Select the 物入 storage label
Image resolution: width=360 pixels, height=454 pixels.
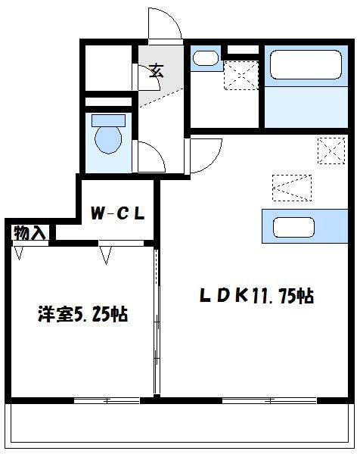tap(29, 233)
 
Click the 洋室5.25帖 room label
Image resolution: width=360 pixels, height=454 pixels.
tap(82, 314)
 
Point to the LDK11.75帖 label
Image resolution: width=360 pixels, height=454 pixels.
tap(256, 297)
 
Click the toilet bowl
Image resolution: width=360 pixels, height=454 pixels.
tap(110, 140)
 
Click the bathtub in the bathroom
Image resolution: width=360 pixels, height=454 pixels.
tap(303, 64)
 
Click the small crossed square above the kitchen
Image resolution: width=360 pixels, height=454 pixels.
tap(330, 150)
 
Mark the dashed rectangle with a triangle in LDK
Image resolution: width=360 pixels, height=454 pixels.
tap(292, 187)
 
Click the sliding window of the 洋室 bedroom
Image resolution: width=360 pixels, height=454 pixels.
tap(106, 399)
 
